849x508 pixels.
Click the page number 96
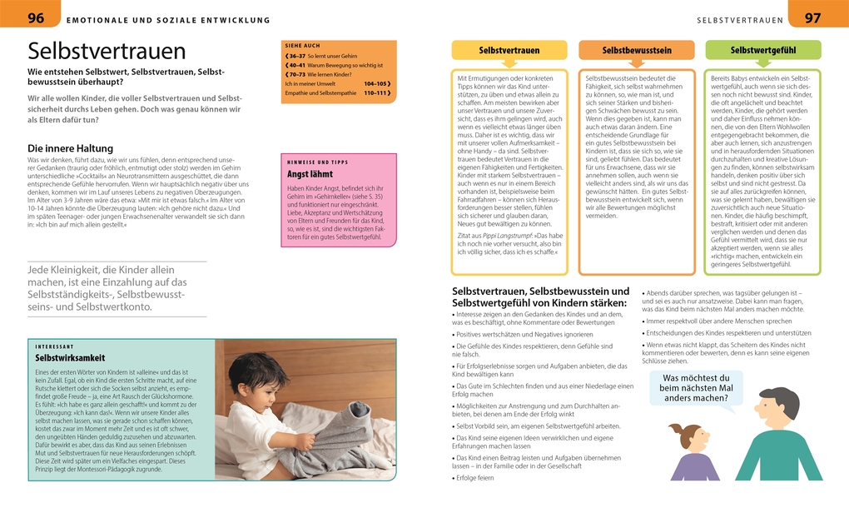pyautogui.click(x=37, y=17)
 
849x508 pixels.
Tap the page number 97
pyautogui.click(x=812, y=17)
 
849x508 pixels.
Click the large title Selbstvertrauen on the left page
pyautogui.click(x=107, y=51)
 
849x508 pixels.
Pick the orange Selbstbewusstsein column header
pyautogui.click(x=637, y=50)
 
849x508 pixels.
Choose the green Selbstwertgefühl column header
pyautogui.click(x=763, y=50)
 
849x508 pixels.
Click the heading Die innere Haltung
pyautogui.click(x=70, y=148)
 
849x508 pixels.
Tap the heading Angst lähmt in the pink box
pyautogui.click(x=311, y=174)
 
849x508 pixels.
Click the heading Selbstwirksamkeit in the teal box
pyautogui.click(x=70, y=357)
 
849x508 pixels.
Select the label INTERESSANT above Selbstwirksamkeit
pyautogui.click(x=55, y=346)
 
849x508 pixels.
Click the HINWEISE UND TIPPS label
pyautogui.click(x=316, y=162)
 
